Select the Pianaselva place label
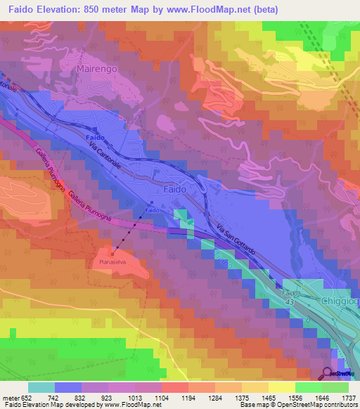click(107, 262)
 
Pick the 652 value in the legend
click(33, 398)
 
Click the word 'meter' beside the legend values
click(13, 398)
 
